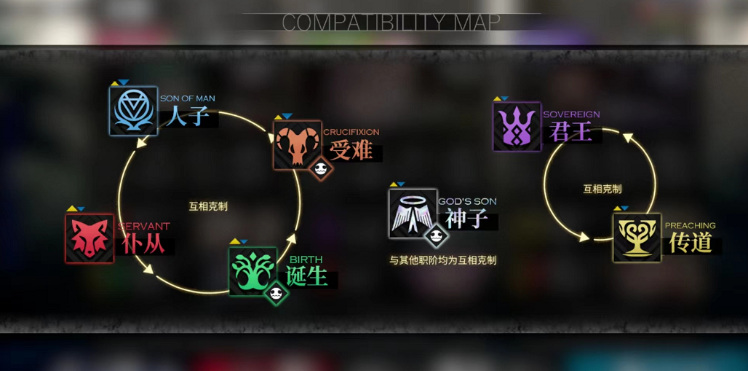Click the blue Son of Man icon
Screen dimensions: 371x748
(x=133, y=111)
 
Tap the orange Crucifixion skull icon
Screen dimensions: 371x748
(x=297, y=144)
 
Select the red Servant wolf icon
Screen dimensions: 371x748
(x=89, y=238)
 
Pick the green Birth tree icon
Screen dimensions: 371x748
(x=253, y=270)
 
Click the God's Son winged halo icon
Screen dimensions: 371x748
(x=413, y=213)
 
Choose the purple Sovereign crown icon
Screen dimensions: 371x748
(x=517, y=127)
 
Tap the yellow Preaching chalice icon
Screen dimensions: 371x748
(x=637, y=238)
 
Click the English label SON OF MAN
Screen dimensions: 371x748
(x=187, y=99)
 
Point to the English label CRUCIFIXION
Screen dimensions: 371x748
(x=351, y=132)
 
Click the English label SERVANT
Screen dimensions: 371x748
(x=143, y=227)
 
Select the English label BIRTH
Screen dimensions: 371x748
(x=306, y=259)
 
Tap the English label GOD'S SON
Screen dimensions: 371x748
(x=467, y=201)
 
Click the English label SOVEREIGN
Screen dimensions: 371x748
(x=571, y=114)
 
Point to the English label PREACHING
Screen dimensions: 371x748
(x=690, y=226)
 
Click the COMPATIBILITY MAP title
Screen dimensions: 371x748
(x=391, y=23)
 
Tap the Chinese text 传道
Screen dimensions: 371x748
(x=691, y=243)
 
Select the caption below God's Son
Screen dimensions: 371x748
(x=442, y=259)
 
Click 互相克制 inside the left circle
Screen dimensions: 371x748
(x=208, y=206)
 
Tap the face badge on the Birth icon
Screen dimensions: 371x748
(x=276, y=293)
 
